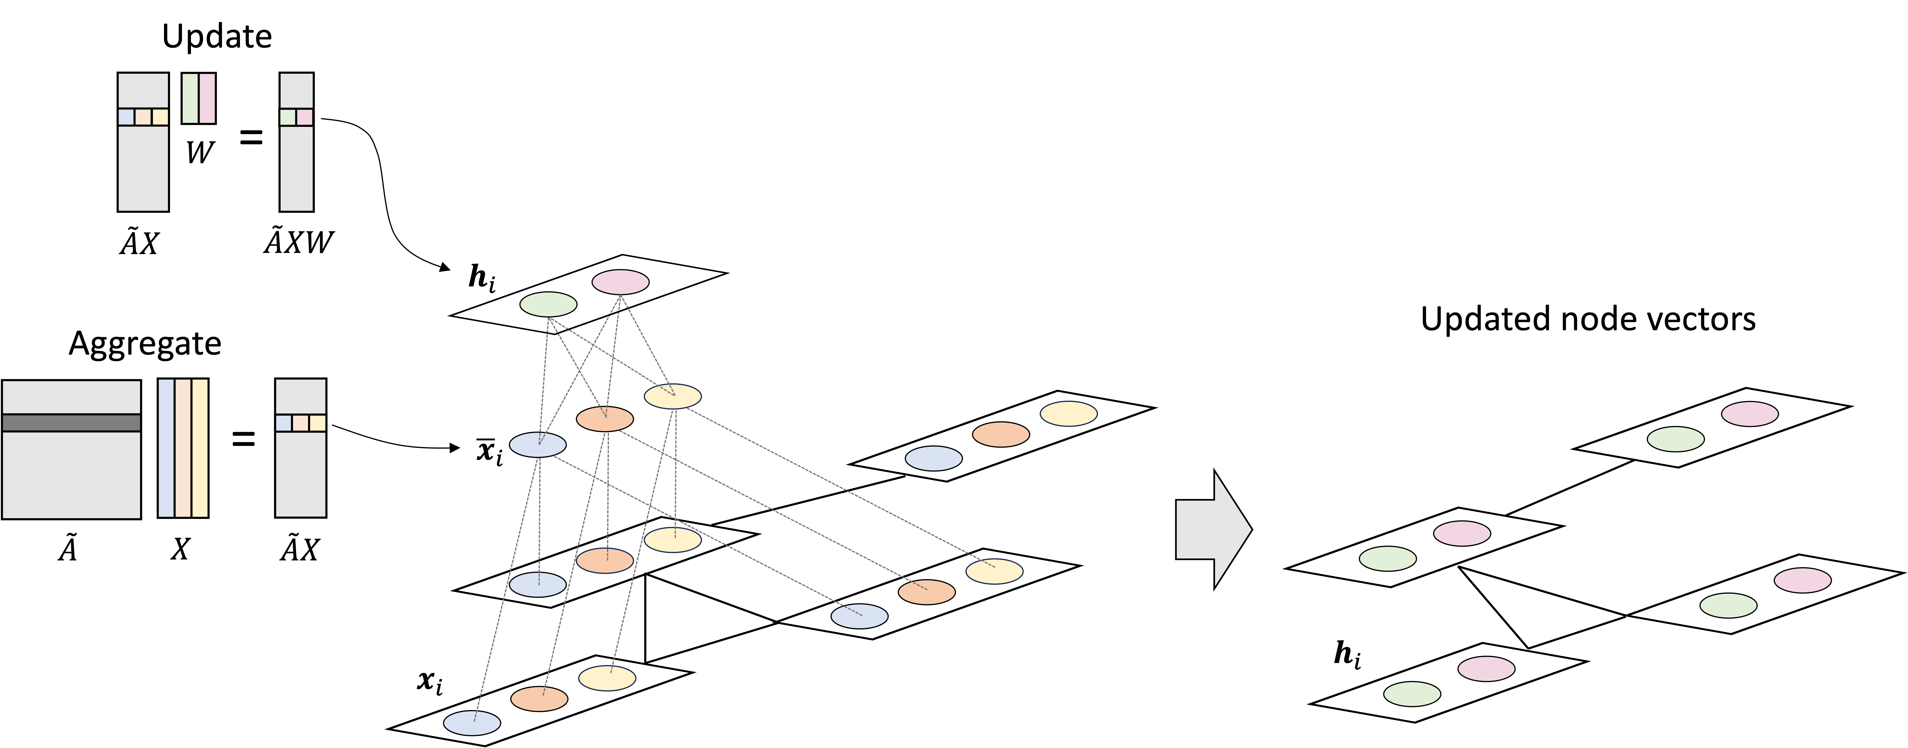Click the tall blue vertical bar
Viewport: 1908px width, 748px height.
point(166,448)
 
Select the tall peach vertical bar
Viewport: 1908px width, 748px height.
point(183,448)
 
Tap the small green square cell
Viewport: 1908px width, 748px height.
point(287,117)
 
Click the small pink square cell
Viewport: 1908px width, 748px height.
point(304,117)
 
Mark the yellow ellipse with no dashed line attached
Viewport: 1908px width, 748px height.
point(1068,413)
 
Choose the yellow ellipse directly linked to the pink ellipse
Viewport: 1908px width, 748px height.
point(673,396)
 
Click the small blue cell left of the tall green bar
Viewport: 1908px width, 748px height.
point(126,117)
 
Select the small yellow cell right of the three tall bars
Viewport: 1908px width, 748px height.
point(317,423)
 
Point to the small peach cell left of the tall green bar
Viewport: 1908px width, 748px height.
point(143,117)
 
